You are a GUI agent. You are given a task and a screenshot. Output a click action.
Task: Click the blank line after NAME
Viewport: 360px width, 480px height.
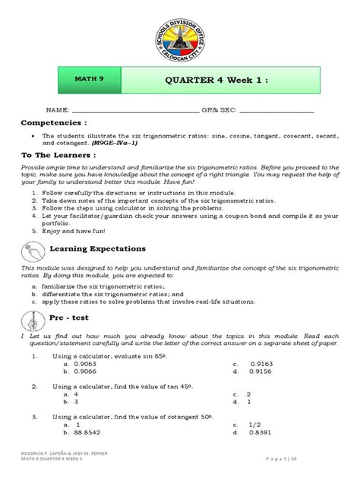pyautogui.click(x=134, y=111)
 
